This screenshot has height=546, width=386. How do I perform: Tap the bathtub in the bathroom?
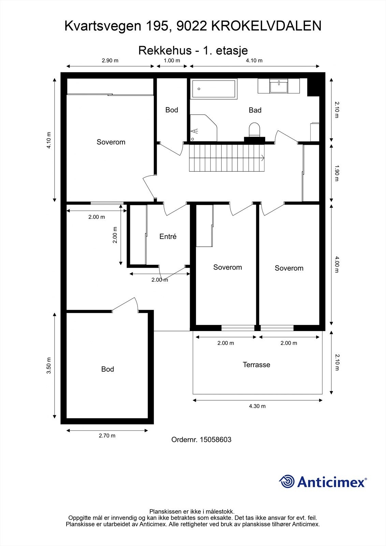[214, 89]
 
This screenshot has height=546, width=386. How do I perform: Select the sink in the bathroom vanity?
[279, 86]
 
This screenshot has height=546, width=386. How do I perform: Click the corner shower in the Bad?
[204, 128]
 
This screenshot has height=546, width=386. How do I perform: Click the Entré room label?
[168, 236]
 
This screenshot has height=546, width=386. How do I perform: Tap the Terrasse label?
[256, 365]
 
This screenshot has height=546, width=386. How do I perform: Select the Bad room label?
[255, 110]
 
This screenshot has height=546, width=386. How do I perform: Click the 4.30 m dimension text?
[257, 406]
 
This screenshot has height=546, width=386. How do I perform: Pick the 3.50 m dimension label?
[49, 365]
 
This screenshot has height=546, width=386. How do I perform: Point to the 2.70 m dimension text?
[107, 435]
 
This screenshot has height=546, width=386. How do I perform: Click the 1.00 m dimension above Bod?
[172, 60]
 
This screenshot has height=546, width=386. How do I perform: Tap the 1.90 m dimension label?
[337, 173]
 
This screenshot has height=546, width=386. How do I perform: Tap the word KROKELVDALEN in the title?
[266, 26]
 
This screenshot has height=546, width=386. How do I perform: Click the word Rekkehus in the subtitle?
[165, 51]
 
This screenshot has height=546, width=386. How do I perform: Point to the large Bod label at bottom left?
[108, 369]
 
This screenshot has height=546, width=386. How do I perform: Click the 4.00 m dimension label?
[337, 264]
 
